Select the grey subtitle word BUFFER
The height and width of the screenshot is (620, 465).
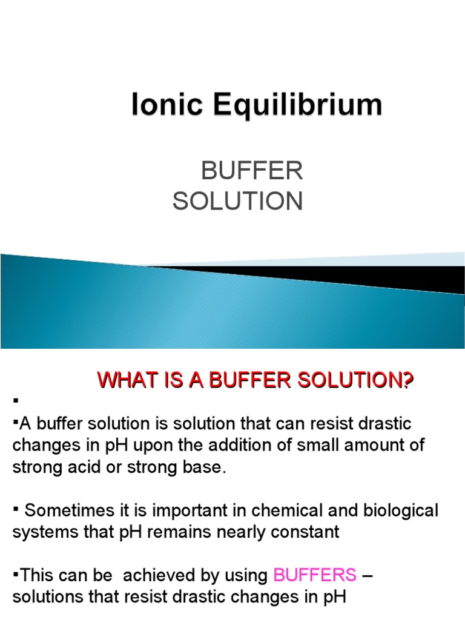251,172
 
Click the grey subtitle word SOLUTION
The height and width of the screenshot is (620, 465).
237,201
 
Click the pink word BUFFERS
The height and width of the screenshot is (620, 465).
315,575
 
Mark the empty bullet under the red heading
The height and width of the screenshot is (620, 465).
14,400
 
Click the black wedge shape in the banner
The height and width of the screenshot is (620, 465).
363,276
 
